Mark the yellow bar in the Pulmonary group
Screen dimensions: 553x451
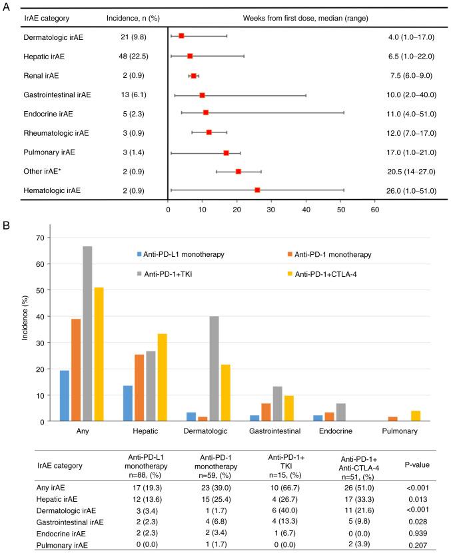coord(397,416)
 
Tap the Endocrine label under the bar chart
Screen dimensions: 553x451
coord(340,431)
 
